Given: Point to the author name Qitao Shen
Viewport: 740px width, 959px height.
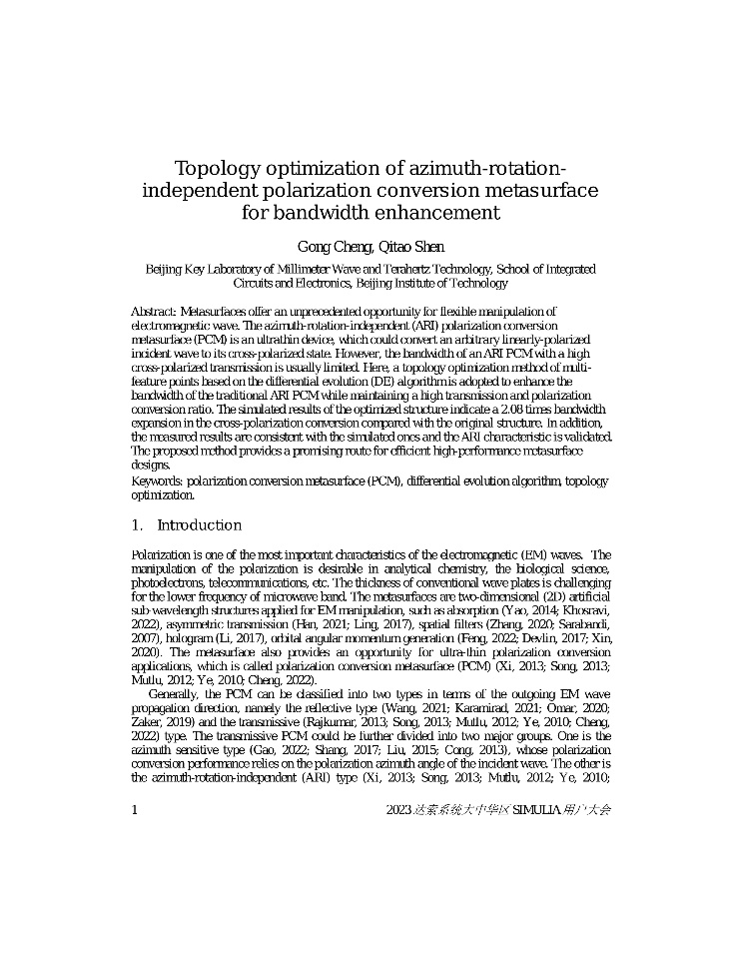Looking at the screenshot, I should (408, 247).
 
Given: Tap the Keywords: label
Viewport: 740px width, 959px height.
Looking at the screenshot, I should (158, 481).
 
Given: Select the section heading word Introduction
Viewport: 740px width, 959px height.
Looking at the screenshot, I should (200, 525).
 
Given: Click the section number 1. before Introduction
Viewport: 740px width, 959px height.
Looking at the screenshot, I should (138, 525).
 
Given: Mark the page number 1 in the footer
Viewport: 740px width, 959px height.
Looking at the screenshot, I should (135, 810).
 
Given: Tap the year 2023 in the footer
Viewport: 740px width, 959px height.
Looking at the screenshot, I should (399, 810).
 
